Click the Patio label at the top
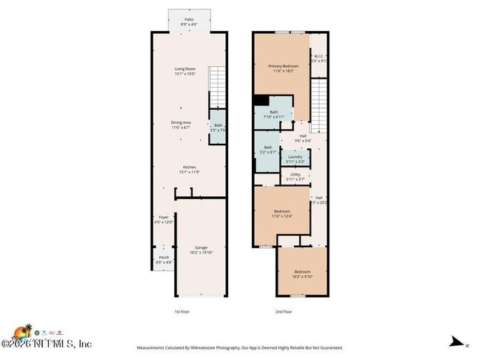pos(189,21)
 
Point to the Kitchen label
pos(189,170)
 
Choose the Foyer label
pos(163,219)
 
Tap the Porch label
pos(163,259)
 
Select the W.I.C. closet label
pos(318,58)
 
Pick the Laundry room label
pos(295,159)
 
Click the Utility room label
pos(295,176)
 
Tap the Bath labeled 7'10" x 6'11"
pos(273,114)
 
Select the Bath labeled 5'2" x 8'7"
pos(267,149)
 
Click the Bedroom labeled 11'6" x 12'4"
pos(281,213)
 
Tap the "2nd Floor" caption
pos(284,312)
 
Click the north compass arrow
pos(459,342)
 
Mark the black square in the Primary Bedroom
pos(261,100)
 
